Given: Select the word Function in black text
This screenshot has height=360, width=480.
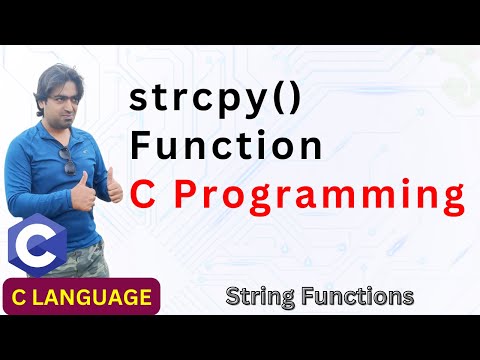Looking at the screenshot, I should pyautogui.click(x=227, y=146).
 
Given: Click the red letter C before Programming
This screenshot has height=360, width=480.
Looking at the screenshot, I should pyautogui.click(x=147, y=193).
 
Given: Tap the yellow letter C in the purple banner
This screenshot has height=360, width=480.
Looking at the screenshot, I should pyautogui.click(x=21, y=297).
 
